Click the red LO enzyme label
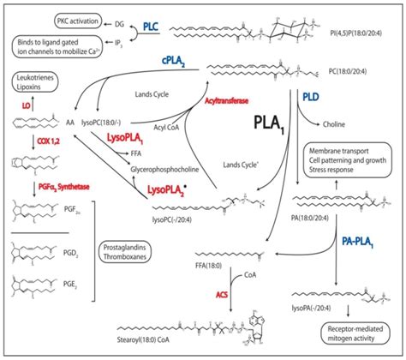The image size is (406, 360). pyautogui.click(x=28, y=105)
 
